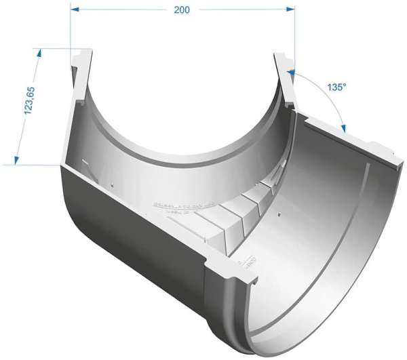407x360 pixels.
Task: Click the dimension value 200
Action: tap(182, 9)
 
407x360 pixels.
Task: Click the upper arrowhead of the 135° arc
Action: tap(292, 71)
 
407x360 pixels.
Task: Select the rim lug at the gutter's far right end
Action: tap(385, 151)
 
